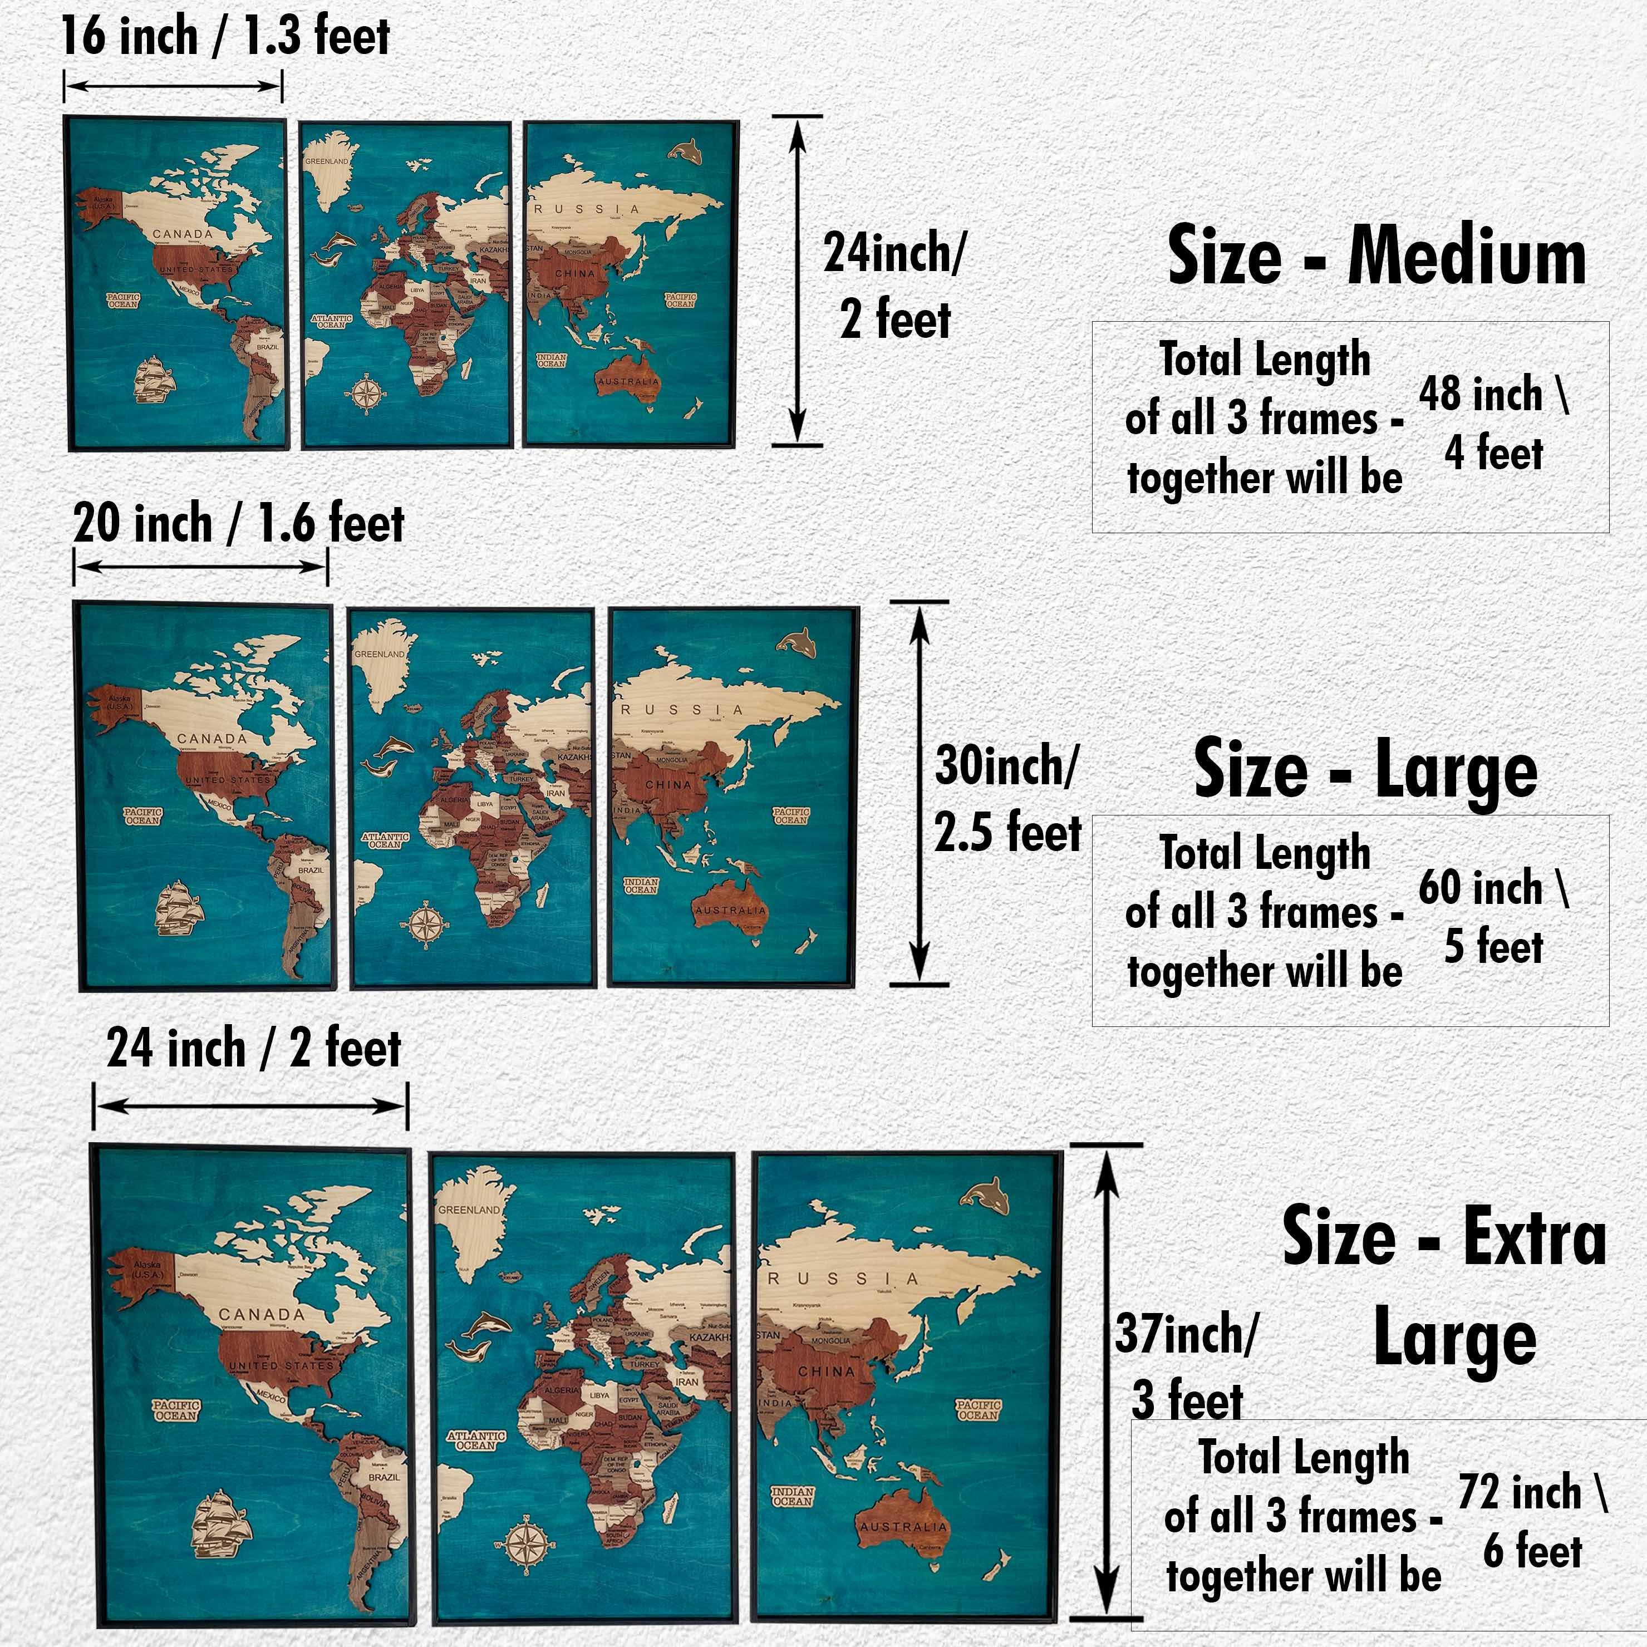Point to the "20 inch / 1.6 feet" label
[x=239, y=523]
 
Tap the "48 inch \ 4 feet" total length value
[x=1493, y=424]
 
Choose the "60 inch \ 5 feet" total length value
[x=1493, y=917]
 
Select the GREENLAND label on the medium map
[x=327, y=161]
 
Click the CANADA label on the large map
[x=212, y=738]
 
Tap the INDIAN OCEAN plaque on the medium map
[x=552, y=361]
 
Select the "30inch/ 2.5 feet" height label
[x=1007, y=798]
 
